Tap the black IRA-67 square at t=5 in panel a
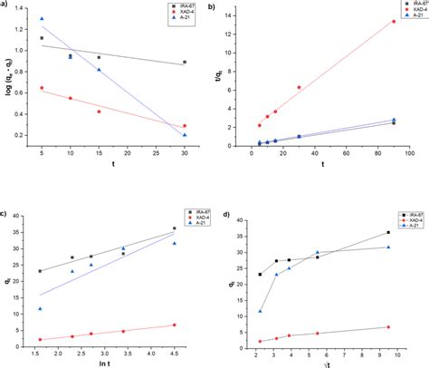click(42, 38)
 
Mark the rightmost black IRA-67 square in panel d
click(388, 232)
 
